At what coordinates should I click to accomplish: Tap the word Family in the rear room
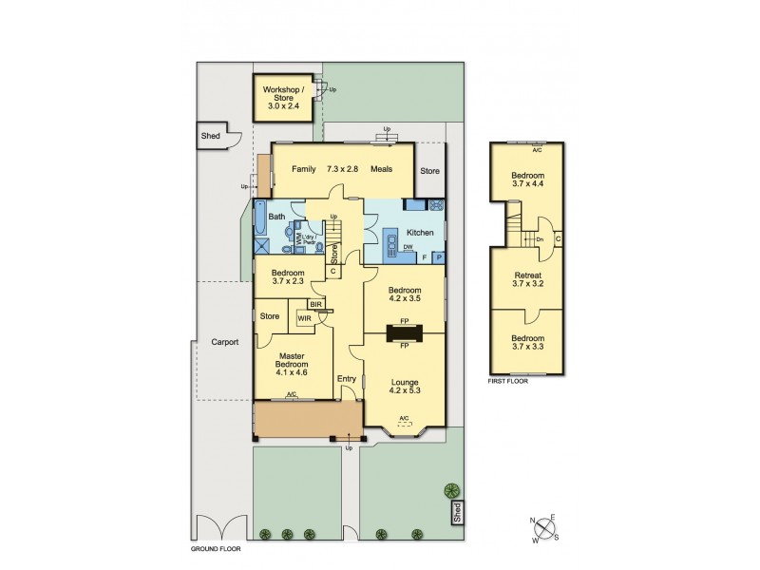(x=303, y=169)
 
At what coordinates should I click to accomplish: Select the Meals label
(x=383, y=169)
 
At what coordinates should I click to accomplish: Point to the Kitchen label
(x=420, y=232)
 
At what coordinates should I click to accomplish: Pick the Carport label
(x=224, y=341)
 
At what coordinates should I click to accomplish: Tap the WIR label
(x=304, y=319)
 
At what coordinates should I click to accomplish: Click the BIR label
(x=313, y=304)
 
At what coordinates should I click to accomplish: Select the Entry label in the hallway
(x=346, y=379)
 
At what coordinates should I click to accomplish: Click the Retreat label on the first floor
(x=527, y=277)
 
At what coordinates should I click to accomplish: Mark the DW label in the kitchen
(x=407, y=247)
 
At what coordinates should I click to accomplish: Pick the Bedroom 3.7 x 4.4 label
(x=527, y=180)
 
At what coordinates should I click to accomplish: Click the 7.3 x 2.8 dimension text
(x=344, y=169)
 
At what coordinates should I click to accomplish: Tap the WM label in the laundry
(x=298, y=241)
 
